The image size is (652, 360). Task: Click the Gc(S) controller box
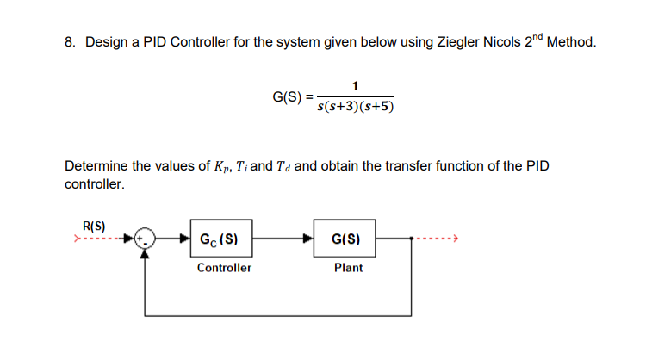pos(223,239)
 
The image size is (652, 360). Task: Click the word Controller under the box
pos(224,268)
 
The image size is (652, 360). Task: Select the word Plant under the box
pos(349,268)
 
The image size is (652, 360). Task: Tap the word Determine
pos(94,166)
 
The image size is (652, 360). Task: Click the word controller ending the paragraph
pos(94,184)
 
